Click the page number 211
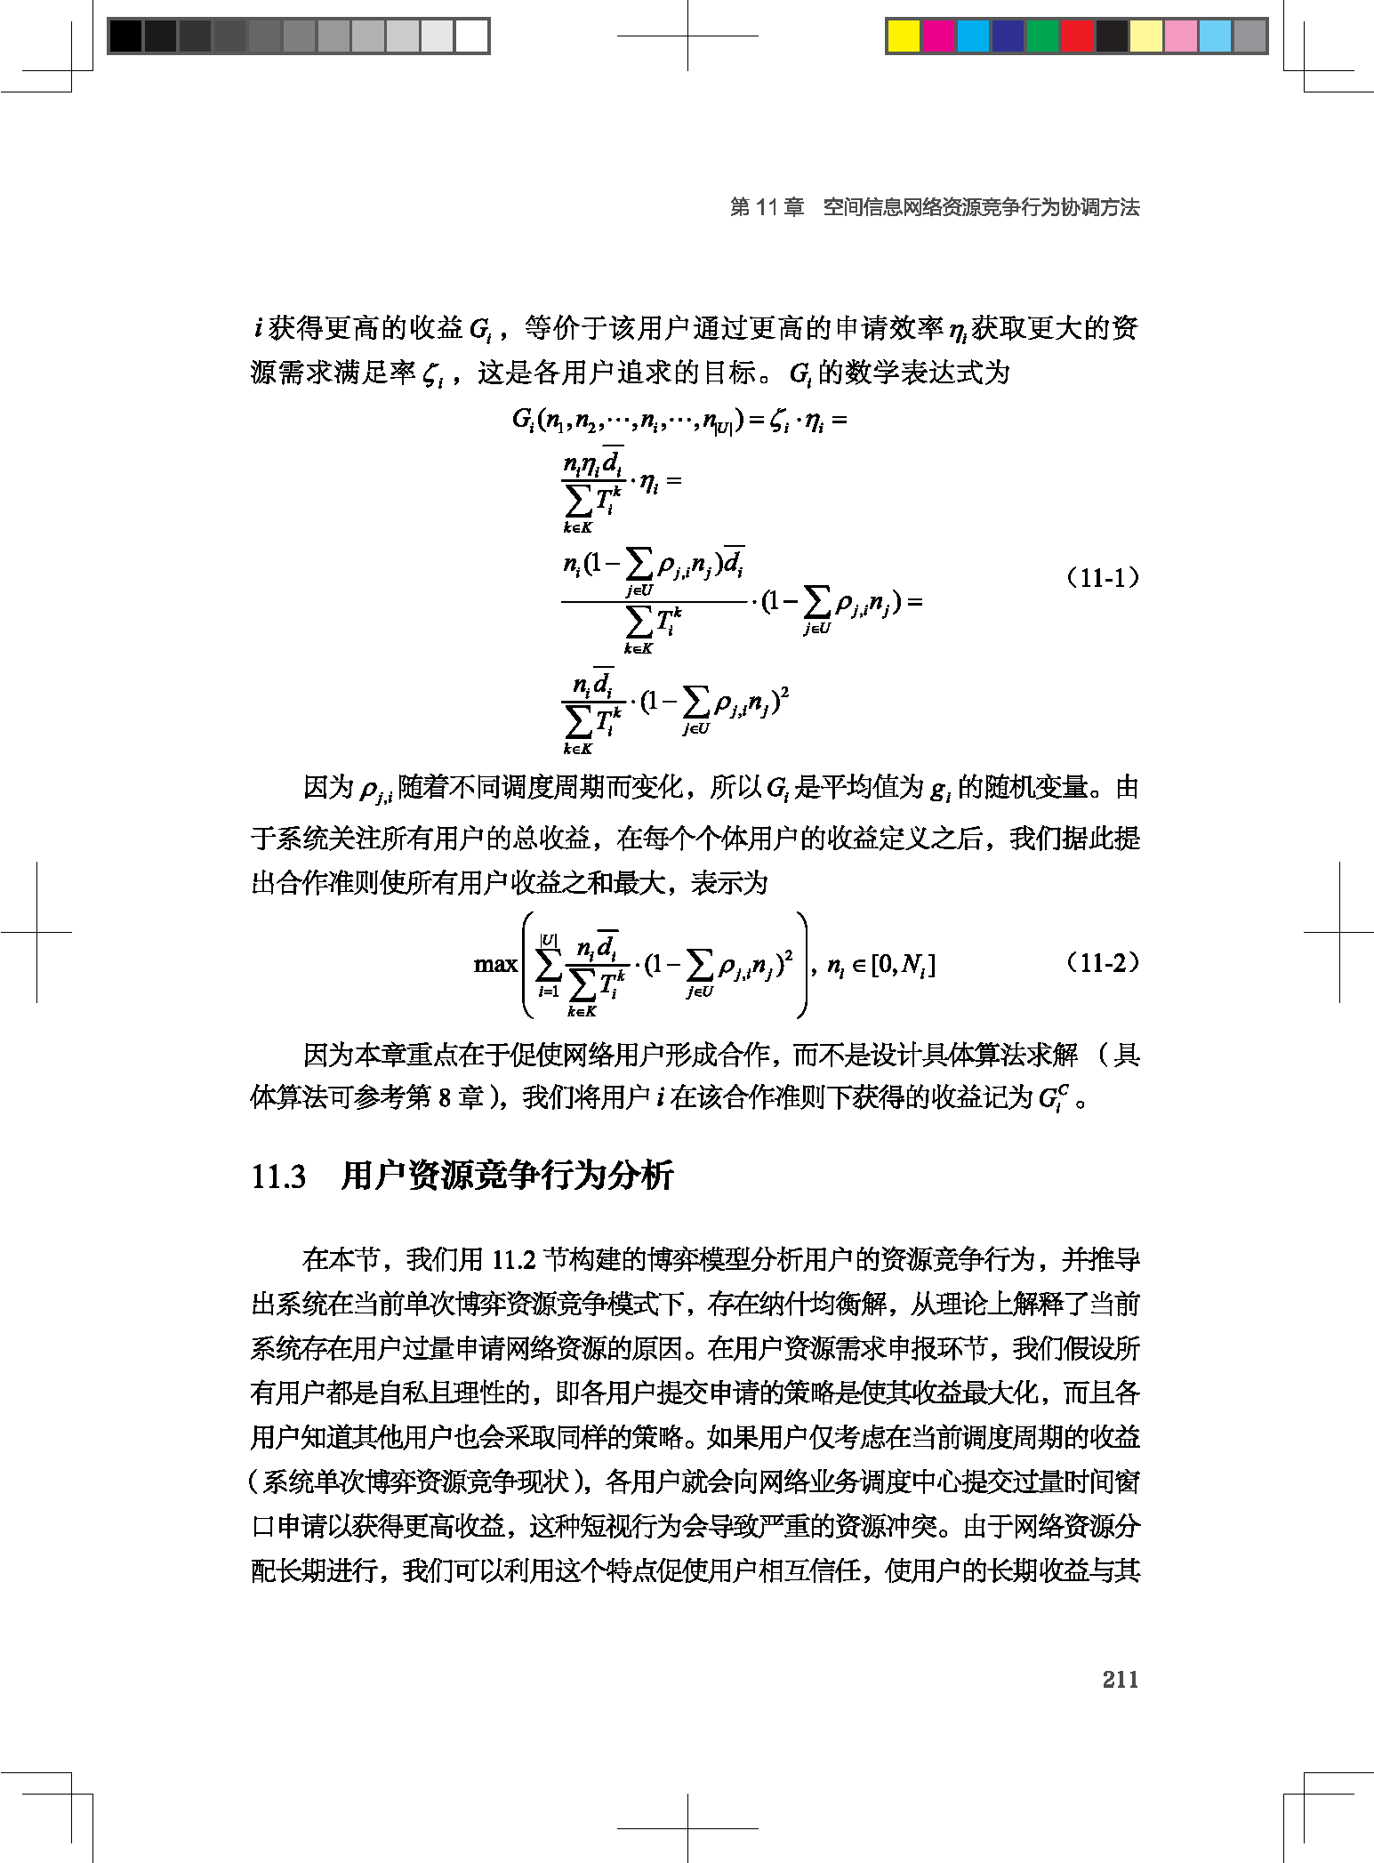1120,1678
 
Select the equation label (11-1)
1102,578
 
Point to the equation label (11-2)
1102,963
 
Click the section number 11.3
278,1176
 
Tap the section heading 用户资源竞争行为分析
507,1176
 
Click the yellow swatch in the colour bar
904,36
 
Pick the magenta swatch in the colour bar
938,36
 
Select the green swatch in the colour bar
1042,36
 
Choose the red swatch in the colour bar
1077,36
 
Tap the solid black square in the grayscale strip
125,36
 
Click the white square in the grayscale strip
471,36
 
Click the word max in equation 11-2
495,964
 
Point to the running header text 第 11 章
767,207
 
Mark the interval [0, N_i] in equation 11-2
903,965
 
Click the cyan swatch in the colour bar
973,36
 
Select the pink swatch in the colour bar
1181,36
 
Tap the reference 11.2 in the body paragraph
513,1260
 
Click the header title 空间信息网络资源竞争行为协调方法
981,207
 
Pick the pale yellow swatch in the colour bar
1146,36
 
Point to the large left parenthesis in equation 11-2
528,965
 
